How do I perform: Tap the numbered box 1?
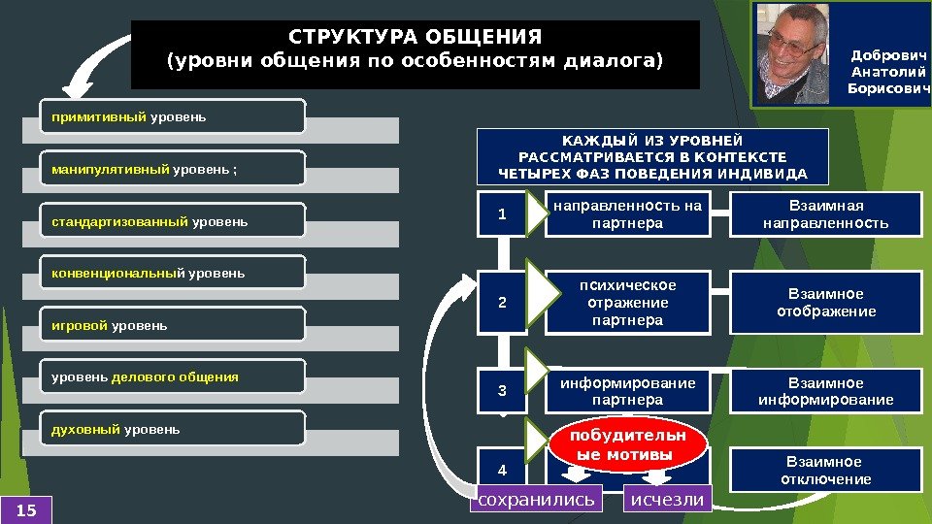pos(502,214)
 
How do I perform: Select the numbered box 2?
pos(502,303)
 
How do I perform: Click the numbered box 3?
pos(502,391)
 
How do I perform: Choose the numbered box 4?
pos(502,471)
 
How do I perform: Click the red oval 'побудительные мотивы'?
pos(624,445)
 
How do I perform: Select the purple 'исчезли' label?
pos(667,500)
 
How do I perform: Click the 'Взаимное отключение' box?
pos(825,471)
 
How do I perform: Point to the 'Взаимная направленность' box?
pos(825,214)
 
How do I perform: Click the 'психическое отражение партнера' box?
pos(626,303)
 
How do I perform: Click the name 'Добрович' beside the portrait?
pos(889,55)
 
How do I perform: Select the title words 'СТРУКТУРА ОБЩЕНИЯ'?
pos(415,38)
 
